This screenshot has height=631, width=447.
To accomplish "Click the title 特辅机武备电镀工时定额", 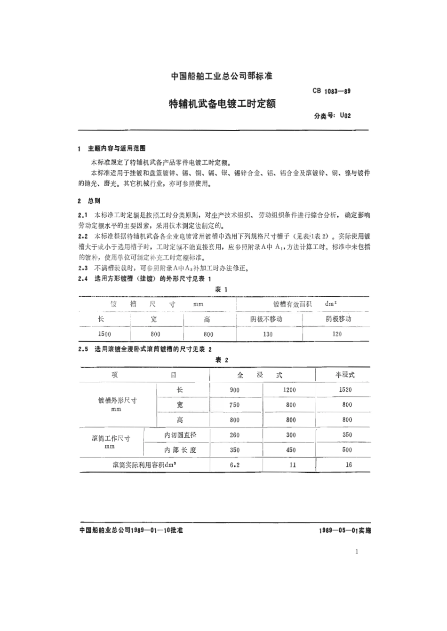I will (222, 104).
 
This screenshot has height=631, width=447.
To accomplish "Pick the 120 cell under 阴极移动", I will (336, 334).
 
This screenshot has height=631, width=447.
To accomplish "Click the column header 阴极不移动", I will (266, 319).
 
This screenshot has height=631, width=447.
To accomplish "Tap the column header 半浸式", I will (344, 375).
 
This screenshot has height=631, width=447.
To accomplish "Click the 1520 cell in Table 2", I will (345, 390).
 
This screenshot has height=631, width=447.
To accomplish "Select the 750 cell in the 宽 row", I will (234, 405).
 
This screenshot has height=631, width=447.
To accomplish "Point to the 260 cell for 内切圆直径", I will (234, 435).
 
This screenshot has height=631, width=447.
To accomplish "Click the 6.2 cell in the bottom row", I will (234, 465).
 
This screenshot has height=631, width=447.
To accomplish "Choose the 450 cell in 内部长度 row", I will (291, 450).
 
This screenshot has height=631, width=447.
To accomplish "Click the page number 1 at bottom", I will (357, 552).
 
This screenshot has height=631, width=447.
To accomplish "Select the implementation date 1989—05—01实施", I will (344, 530).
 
